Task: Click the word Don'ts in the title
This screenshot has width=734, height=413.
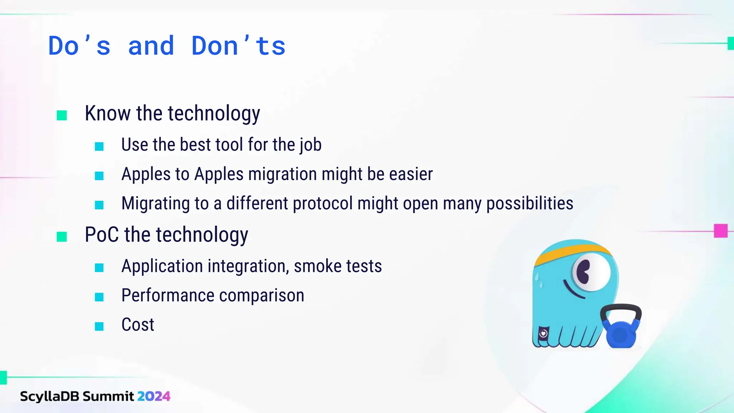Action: pos(238,46)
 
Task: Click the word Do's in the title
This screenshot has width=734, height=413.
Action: pos(79,46)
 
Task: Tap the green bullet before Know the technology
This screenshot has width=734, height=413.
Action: pos(62,115)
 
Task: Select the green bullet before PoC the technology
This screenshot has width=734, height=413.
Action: pos(62,237)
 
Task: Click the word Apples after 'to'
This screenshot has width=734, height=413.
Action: pos(219,174)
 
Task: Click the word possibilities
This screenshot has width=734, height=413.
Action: pos(529,203)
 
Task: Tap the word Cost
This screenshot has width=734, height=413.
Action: pos(138,325)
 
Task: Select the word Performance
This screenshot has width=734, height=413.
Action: pos(168,296)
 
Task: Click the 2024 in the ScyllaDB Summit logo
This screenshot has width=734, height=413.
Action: pos(153,396)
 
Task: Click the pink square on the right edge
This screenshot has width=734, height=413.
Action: pos(720,231)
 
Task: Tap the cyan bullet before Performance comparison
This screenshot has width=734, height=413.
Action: pos(99,297)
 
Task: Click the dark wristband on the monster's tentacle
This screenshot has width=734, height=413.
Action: pos(543,333)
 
